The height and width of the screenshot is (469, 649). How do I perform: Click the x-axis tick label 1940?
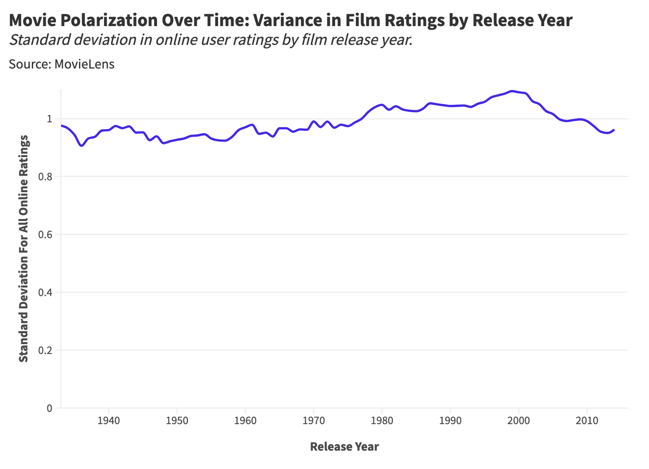point(108,420)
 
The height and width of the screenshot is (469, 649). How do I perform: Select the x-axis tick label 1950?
point(177,420)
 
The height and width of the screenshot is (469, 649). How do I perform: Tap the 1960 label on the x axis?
point(245,420)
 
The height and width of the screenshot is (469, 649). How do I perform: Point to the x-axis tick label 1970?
point(313,420)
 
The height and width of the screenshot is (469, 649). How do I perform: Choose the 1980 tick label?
point(382,420)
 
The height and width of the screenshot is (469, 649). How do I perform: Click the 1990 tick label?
point(450,420)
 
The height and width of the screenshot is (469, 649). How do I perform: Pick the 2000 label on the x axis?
point(518,420)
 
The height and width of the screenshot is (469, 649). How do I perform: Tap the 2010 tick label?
point(587,420)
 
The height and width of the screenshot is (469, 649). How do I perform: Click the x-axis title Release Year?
point(344,447)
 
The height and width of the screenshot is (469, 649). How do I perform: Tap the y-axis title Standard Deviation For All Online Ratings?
point(24,248)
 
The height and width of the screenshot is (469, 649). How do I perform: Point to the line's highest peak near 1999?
point(512,91)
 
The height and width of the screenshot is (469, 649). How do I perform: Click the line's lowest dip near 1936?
point(82,146)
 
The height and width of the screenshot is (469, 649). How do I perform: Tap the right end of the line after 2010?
point(614,130)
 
